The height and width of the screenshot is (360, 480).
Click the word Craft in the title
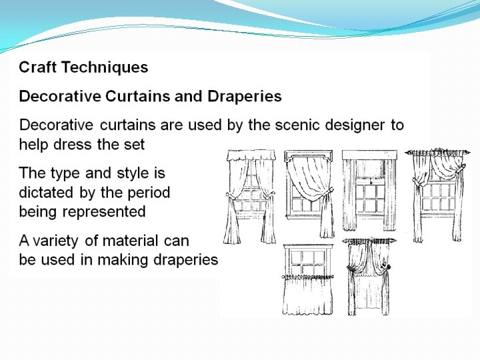point(37,67)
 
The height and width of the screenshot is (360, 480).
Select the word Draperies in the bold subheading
point(245,97)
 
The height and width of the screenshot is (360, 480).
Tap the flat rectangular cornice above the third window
point(369,155)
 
